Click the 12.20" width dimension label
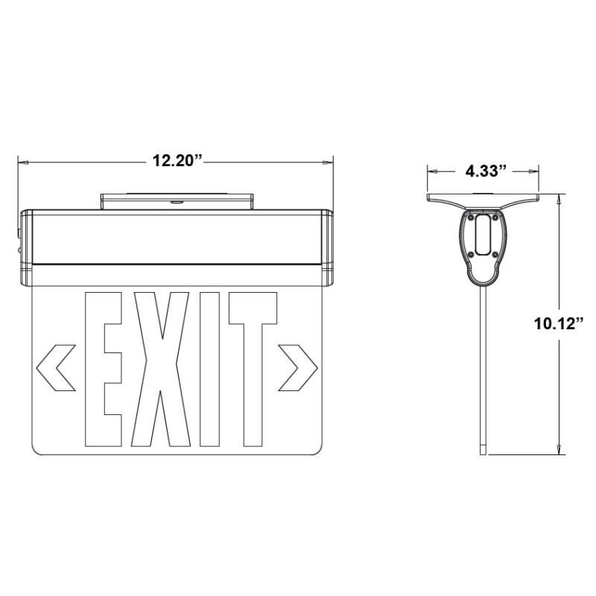click(177, 160)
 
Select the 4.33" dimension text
click(486, 171)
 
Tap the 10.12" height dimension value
click(558, 323)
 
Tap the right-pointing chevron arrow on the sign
click(297, 367)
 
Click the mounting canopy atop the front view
click(177, 201)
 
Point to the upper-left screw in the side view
click(472, 217)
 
